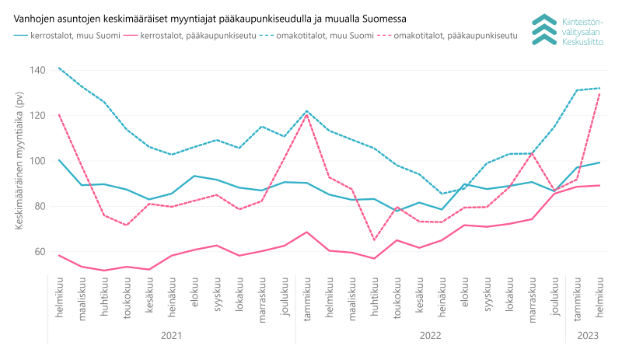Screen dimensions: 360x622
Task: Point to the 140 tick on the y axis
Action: click(x=37, y=70)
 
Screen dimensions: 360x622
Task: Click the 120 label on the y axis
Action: click(x=37, y=115)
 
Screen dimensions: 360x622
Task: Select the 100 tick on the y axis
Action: click(x=37, y=161)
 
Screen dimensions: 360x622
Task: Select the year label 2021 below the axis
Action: click(x=172, y=335)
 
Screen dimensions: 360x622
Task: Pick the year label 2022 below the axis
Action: click(x=430, y=335)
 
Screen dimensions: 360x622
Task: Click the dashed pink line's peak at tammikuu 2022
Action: click(x=307, y=115)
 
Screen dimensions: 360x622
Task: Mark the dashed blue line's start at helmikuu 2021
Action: click(x=60, y=68)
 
